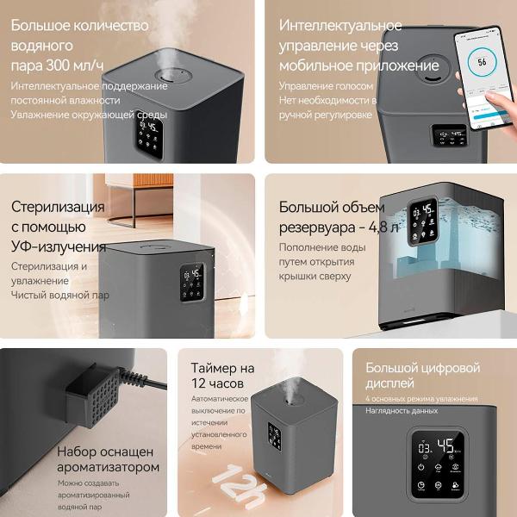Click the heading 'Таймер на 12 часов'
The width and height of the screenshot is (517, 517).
tap(224, 375)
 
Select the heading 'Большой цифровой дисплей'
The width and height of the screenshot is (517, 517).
tap(422, 375)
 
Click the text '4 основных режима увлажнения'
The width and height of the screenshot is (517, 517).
tap(421, 399)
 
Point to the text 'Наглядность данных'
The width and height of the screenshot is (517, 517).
tap(402, 411)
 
